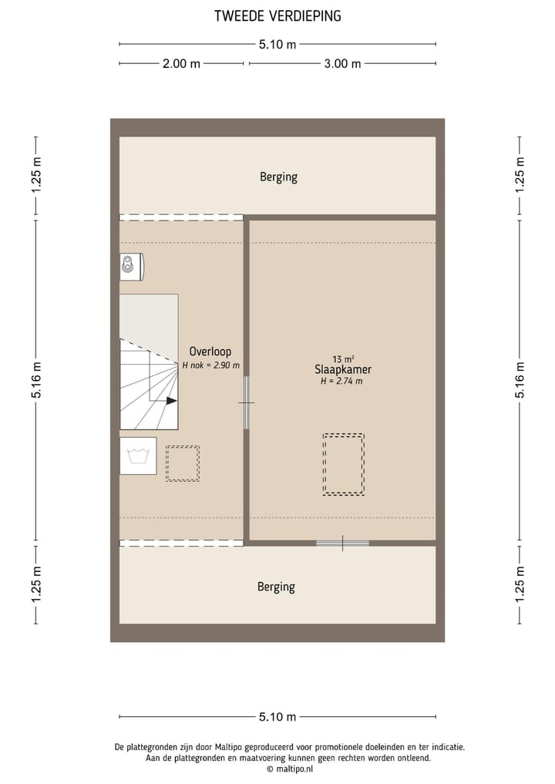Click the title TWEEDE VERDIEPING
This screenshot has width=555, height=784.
pyautogui.click(x=277, y=16)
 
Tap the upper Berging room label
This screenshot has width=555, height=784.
pyautogui.click(x=278, y=177)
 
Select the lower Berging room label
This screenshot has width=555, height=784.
pyautogui.click(x=276, y=587)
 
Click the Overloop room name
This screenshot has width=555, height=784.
pyautogui.click(x=210, y=352)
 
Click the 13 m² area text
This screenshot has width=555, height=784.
pyautogui.click(x=343, y=359)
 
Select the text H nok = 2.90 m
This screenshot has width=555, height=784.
pyautogui.click(x=210, y=365)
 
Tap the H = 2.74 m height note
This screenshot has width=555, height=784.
pyautogui.click(x=341, y=381)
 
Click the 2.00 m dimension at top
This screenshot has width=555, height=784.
pyautogui.click(x=181, y=64)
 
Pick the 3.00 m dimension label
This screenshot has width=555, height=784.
pyautogui.click(x=342, y=64)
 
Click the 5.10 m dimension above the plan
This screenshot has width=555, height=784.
pyautogui.click(x=277, y=45)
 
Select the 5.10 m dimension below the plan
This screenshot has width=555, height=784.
pyautogui.click(x=277, y=717)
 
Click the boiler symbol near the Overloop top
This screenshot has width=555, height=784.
pyautogui.click(x=131, y=267)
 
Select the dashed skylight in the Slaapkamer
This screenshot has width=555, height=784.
pyautogui.click(x=344, y=464)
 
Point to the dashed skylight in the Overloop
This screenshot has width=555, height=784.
pyautogui.click(x=183, y=463)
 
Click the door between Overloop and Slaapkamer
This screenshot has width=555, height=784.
pyautogui.click(x=247, y=402)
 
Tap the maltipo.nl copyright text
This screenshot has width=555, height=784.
pyautogui.click(x=291, y=769)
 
